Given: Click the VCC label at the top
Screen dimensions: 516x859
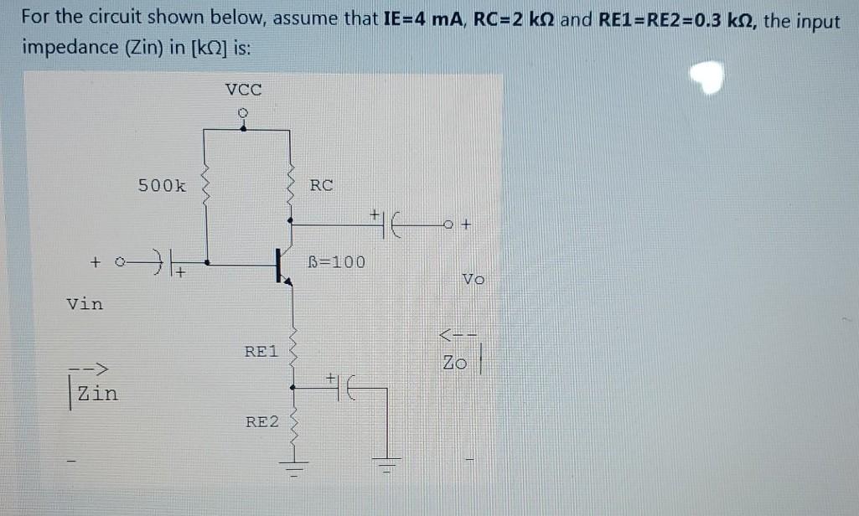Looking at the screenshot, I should (244, 89).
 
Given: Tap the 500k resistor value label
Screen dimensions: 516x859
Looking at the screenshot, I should (163, 186).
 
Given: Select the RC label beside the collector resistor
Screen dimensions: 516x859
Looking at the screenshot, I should (321, 185).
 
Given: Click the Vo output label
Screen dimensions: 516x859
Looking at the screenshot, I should (473, 280).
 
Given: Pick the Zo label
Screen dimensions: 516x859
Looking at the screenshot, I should (454, 364).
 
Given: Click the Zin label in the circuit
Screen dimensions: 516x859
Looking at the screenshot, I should (97, 392).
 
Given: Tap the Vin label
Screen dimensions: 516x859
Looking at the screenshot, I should (85, 304).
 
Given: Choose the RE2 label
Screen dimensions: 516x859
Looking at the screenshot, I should (262, 421).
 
